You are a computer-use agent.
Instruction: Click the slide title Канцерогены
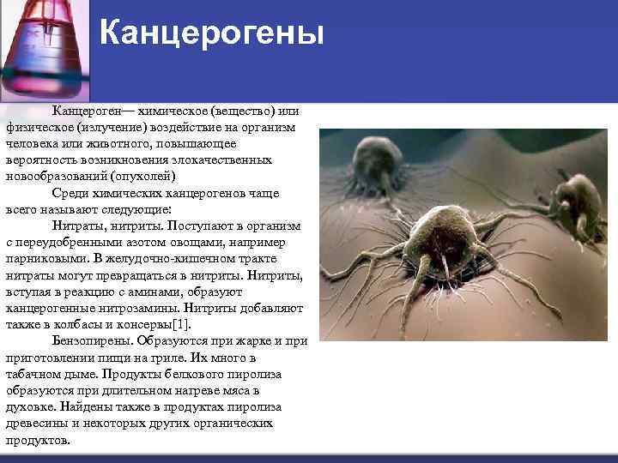(x=211, y=33)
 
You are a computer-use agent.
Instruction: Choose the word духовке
(x=28, y=406)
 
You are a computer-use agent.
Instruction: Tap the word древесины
(x=38, y=423)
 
